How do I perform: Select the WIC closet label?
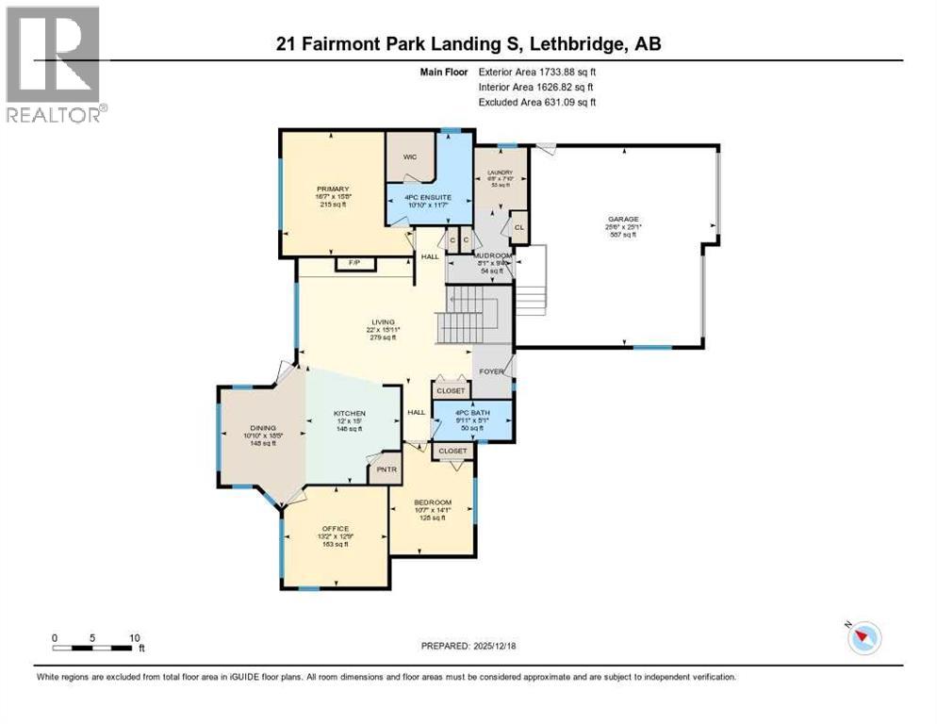(x=408, y=158)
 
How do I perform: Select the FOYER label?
(x=491, y=370)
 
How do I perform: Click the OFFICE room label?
(x=335, y=528)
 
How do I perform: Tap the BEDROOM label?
(x=432, y=502)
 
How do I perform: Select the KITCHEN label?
(x=348, y=414)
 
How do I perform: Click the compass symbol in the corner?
(x=863, y=638)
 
